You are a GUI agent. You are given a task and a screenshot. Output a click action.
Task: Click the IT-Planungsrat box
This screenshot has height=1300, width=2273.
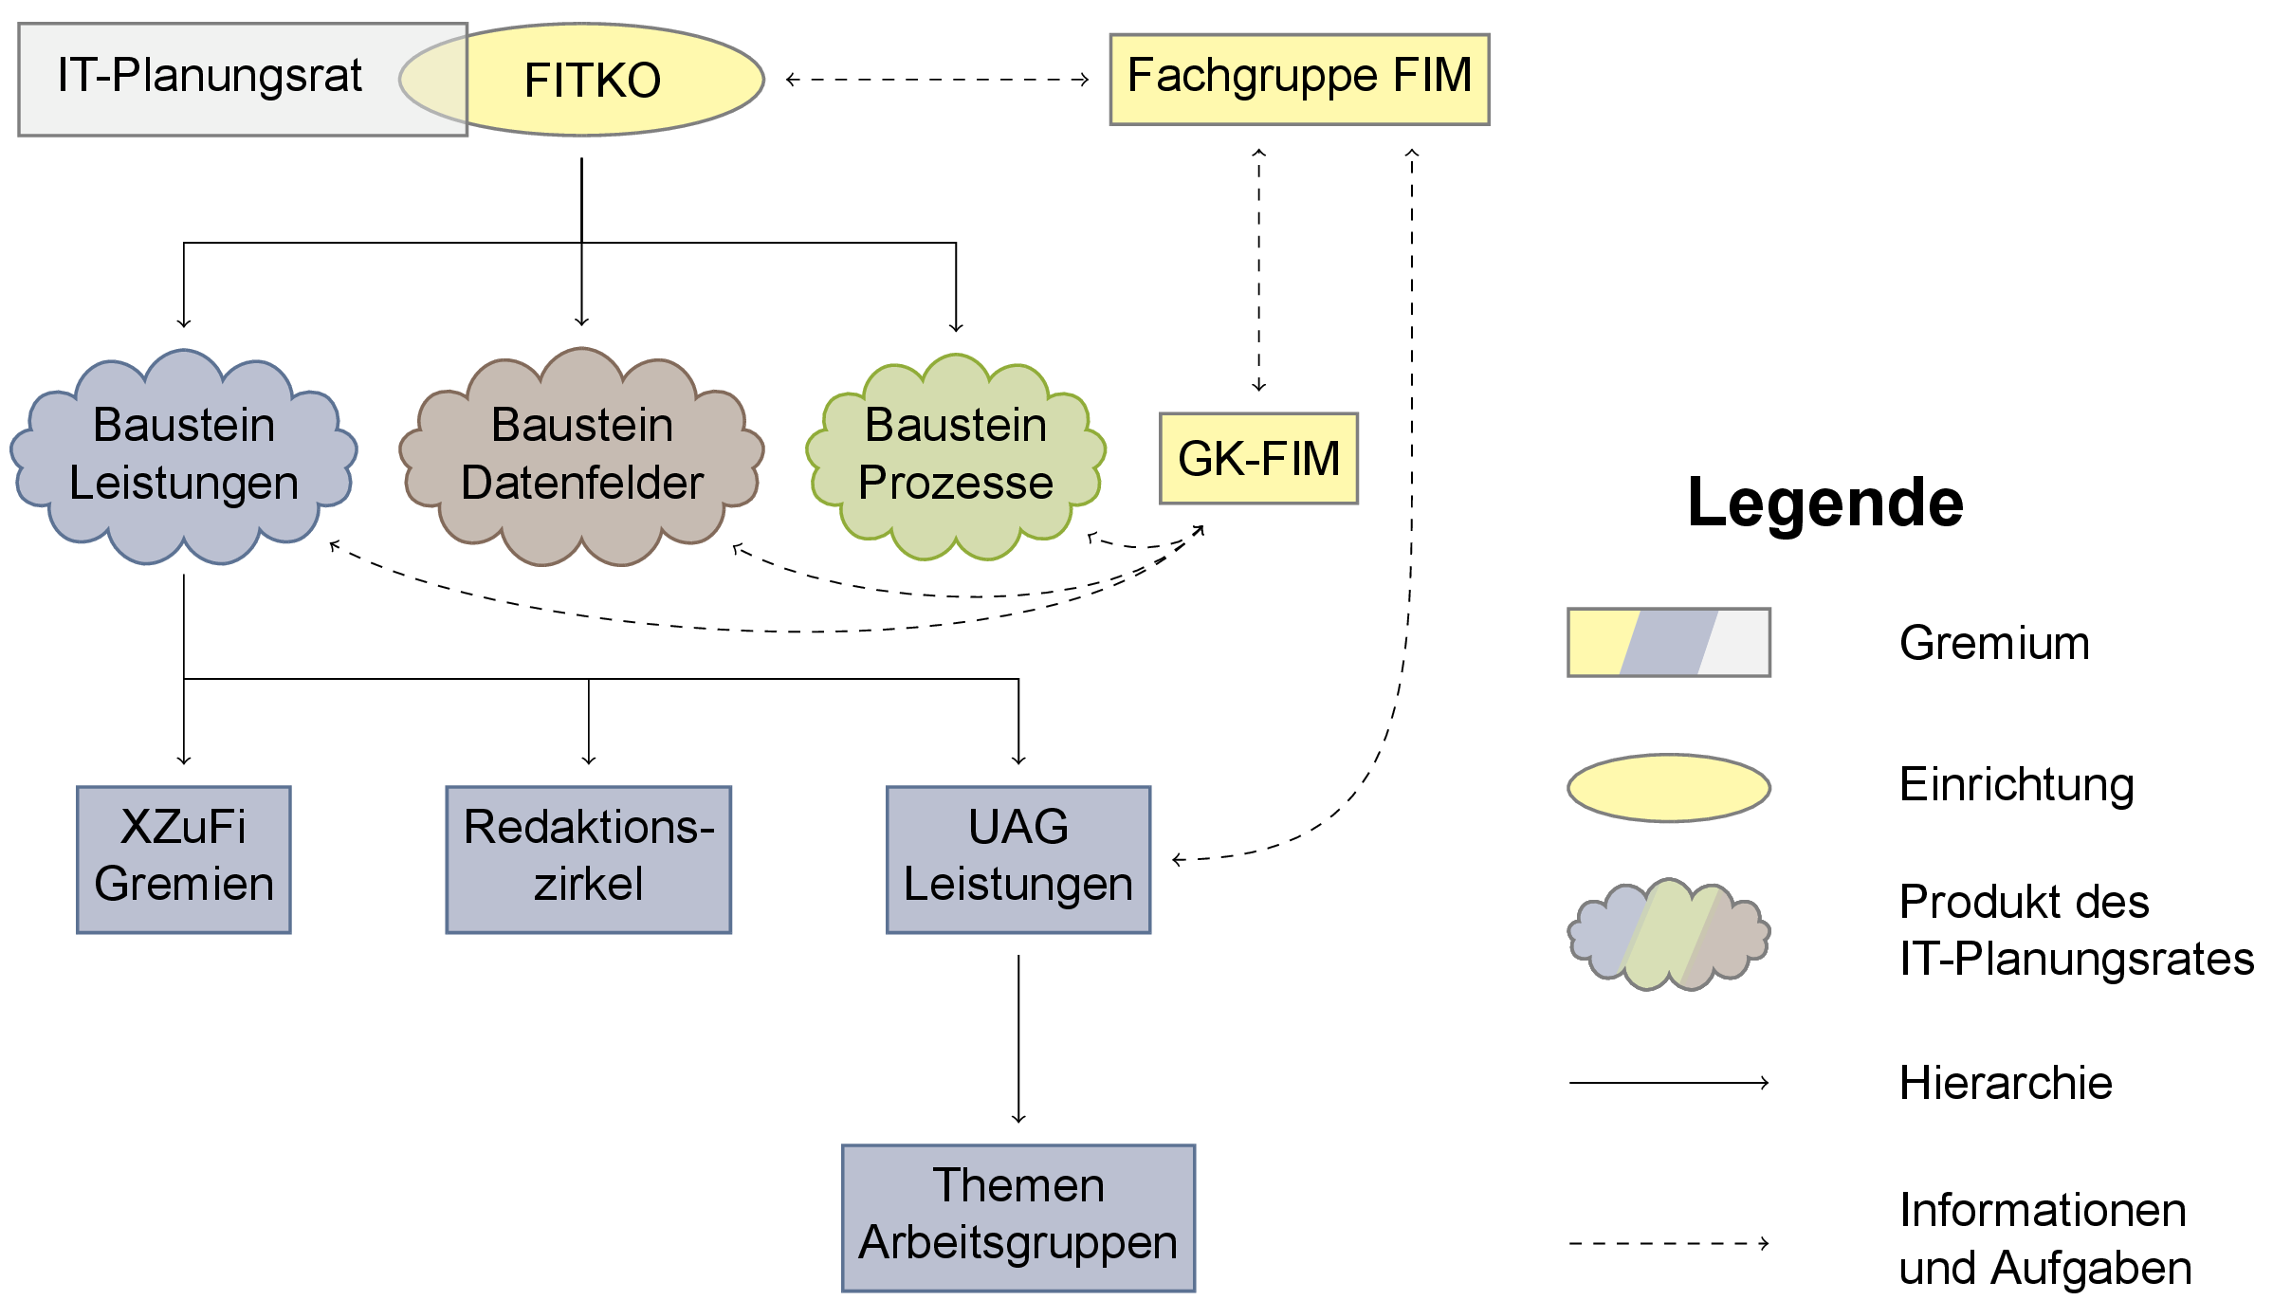click(x=209, y=80)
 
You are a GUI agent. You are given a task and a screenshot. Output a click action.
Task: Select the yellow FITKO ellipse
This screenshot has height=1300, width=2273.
click(x=607, y=80)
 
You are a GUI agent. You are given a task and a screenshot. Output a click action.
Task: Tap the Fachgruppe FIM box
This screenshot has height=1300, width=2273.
click(x=1299, y=79)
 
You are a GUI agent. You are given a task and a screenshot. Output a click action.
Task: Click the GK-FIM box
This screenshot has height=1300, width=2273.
click(x=1258, y=459)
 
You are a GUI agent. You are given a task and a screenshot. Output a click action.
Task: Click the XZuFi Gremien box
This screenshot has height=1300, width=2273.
click(x=184, y=859)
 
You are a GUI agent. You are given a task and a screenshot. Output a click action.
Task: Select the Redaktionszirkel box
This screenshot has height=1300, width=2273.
click(x=588, y=859)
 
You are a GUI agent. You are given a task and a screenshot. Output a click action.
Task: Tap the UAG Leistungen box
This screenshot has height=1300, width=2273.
click(x=1018, y=859)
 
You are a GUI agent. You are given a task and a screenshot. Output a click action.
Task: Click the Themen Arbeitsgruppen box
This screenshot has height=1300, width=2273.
click(x=1018, y=1218)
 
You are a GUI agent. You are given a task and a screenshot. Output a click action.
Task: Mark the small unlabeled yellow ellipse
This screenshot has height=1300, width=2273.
click(x=1668, y=788)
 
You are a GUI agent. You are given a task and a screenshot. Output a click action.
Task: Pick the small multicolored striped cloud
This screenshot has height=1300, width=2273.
click(x=1668, y=935)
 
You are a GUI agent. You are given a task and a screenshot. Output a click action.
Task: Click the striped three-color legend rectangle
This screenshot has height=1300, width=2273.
click(x=1668, y=642)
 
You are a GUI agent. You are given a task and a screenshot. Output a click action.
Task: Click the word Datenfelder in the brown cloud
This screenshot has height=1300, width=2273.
click(x=581, y=484)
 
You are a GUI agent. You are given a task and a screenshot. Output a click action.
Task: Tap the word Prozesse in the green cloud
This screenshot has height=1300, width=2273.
click(x=956, y=484)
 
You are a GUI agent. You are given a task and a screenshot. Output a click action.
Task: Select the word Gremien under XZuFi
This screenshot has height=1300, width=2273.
click(x=184, y=885)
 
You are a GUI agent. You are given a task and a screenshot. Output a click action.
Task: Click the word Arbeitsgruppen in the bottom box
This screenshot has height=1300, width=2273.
click(x=1018, y=1243)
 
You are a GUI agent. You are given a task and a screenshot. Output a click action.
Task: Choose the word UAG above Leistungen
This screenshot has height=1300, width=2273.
click(x=1018, y=827)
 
